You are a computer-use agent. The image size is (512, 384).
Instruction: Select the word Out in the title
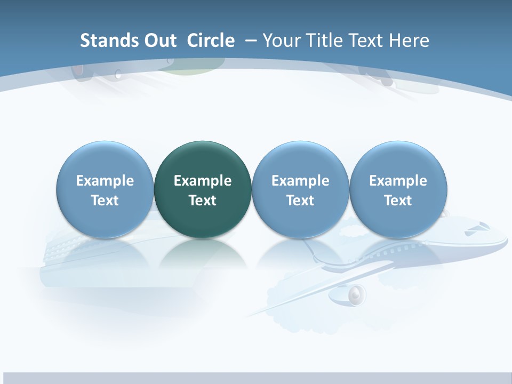click(x=155, y=41)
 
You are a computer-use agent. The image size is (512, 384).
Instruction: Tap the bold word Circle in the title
click(x=211, y=41)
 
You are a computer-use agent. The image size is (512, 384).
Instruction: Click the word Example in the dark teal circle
click(x=203, y=181)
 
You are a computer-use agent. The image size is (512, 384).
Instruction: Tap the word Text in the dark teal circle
click(x=203, y=201)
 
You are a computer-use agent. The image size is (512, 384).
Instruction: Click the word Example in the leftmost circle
click(x=105, y=181)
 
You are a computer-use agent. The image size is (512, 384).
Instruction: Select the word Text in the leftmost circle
click(x=105, y=201)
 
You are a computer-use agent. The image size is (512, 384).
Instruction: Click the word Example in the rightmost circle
click(x=398, y=181)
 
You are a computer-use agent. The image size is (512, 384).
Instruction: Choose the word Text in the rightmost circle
click(x=398, y=201)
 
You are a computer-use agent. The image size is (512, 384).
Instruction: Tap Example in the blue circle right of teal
click(x=300, y=181)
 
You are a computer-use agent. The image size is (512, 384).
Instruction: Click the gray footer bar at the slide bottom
click(x=256, y=378)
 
